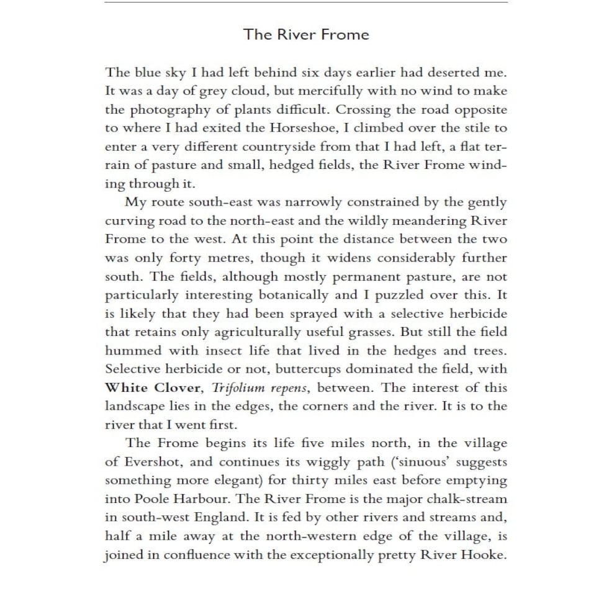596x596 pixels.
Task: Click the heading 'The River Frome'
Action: (x=306, y=34)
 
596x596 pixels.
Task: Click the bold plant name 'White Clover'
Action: (x=153, y=388)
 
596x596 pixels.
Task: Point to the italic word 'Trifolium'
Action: (x=237, y=388)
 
